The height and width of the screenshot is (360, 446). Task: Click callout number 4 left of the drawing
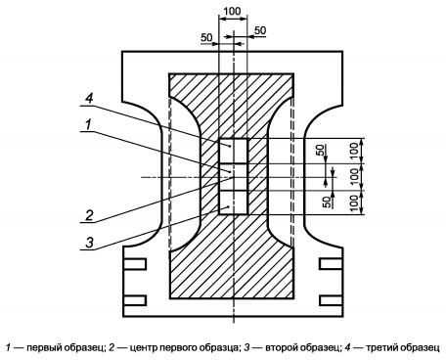tap(89, 98)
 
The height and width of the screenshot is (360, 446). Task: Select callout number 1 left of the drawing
tap(88, 124)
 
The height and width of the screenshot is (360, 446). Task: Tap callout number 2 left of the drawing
tap(89, 215)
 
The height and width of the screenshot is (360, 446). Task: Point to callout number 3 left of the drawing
tap(89, 243)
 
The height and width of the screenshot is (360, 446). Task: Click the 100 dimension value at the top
tap(232, 11)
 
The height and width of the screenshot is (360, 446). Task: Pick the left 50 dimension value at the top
tap(206, 38)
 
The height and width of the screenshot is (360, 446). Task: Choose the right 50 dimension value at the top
tap(260, 30)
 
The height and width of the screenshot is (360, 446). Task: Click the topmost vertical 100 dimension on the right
tap(355, 151)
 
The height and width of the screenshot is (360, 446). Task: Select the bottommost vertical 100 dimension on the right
tap(355, 202)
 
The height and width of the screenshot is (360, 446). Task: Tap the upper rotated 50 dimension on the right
tap(321, 150)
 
